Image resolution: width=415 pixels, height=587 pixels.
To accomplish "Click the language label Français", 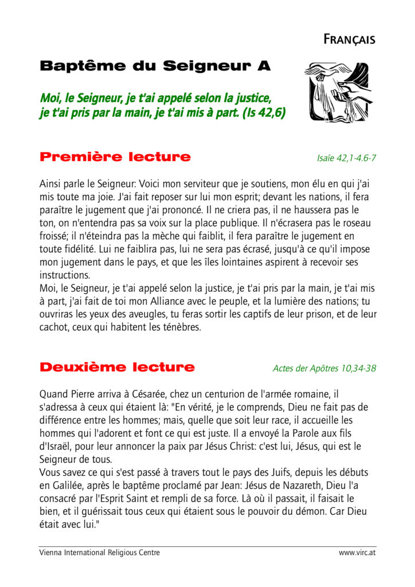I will tap(349, 40).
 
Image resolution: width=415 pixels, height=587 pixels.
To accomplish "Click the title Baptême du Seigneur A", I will tap(155, 66).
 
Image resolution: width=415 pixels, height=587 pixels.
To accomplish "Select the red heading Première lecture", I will tap(115, 156).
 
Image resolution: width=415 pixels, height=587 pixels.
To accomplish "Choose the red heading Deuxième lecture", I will tap(117, 367).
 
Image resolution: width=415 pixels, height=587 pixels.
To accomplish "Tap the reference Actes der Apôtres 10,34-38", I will tap(324, 369).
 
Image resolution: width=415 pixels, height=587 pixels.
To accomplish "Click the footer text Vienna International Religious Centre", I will tap(100, 553).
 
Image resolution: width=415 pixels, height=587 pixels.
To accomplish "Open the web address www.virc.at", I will tap(357, 553).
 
